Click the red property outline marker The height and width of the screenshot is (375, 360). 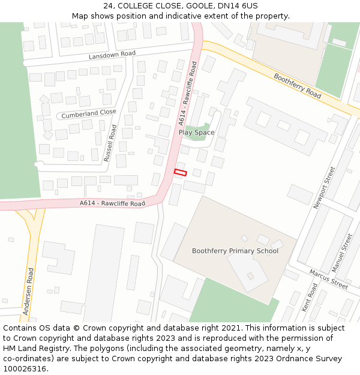coord(180,173)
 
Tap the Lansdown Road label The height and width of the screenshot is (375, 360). coord(112,55)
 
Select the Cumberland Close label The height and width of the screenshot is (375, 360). coord(89,113)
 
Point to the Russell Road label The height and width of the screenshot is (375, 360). coord(109,143)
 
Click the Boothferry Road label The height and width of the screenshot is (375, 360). coord(298,86)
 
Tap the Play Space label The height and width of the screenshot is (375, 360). coord(196,133)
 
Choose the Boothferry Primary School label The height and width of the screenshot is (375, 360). coord(235,251)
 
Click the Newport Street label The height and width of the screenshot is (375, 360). coord(324,188)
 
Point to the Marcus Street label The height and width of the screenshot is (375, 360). coord(329,279)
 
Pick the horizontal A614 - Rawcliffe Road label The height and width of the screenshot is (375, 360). coord(112,204)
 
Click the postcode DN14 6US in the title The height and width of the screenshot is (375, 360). coord(238,6)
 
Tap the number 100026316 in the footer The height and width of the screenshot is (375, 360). coord(25,369)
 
